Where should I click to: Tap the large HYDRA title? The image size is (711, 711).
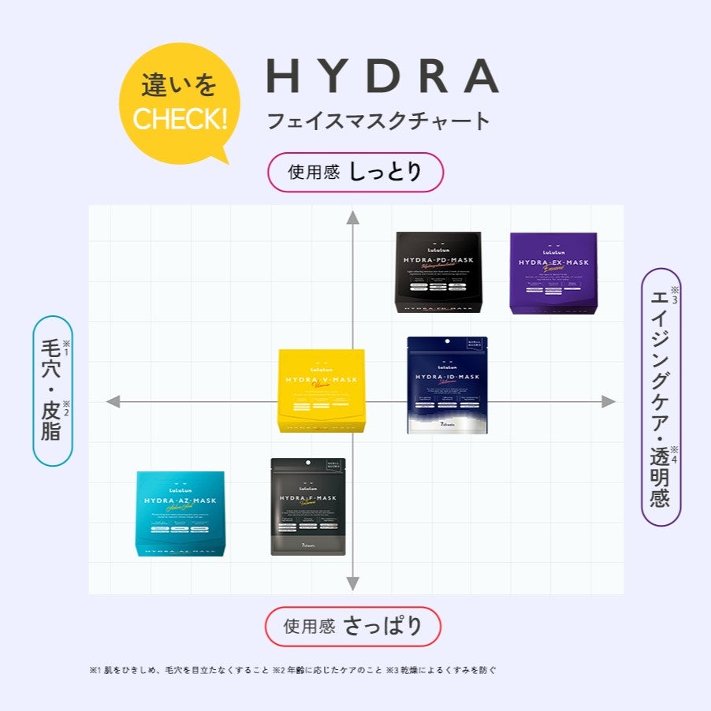click(382, 76)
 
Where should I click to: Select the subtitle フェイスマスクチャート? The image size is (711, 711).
click(378, 121)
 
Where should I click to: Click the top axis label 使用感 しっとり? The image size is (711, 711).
click(355, 172)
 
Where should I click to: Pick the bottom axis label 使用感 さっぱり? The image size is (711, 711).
click(352, 627)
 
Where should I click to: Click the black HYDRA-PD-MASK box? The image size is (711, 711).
click(438, 273)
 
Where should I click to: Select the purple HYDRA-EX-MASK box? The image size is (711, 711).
click(553, 273)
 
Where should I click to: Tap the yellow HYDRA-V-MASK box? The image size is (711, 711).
click(322, 391)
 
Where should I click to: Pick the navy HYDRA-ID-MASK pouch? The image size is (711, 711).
click(447, 385)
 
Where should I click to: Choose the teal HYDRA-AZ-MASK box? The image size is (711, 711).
click(181, 514)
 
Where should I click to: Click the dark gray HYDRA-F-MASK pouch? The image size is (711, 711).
click(308, 507)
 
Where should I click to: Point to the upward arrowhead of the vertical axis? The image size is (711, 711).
click(353, 218)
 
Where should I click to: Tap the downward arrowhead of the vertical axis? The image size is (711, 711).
click(353, 584)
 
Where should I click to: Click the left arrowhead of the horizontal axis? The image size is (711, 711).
click(113, 402)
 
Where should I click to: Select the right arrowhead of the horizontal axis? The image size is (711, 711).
click(609, 402)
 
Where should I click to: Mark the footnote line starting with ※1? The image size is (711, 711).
click(292, 671)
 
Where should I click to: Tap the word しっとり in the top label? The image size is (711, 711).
click(385, 172)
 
